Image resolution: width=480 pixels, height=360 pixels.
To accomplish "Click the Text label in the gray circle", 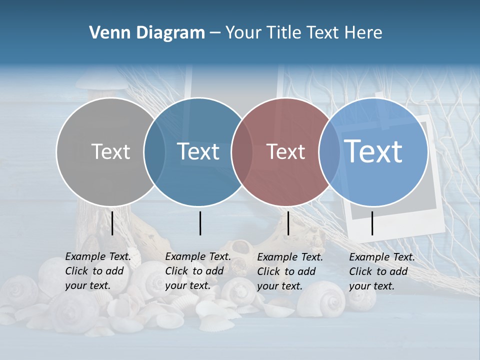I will (110, 151).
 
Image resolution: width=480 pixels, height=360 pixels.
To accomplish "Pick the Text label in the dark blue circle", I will (198, 151).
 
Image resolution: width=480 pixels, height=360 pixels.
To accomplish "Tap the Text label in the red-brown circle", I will (285, 151).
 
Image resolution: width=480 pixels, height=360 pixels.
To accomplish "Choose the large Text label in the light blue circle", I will (373, 151).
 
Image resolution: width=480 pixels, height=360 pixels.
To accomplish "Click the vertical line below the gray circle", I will (112, 223).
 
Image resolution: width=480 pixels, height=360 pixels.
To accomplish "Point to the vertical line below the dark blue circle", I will (200, 223).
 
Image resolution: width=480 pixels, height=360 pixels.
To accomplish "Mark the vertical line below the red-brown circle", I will (288, 223).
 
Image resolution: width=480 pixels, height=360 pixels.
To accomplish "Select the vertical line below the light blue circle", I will (372, 223).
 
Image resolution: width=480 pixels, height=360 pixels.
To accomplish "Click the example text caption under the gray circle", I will (97, 271).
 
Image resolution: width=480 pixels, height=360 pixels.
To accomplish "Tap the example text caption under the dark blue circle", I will (197, 271).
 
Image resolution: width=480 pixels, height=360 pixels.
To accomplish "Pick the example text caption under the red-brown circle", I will (289, 271).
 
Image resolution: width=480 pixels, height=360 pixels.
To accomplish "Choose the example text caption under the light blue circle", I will (381, 271).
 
